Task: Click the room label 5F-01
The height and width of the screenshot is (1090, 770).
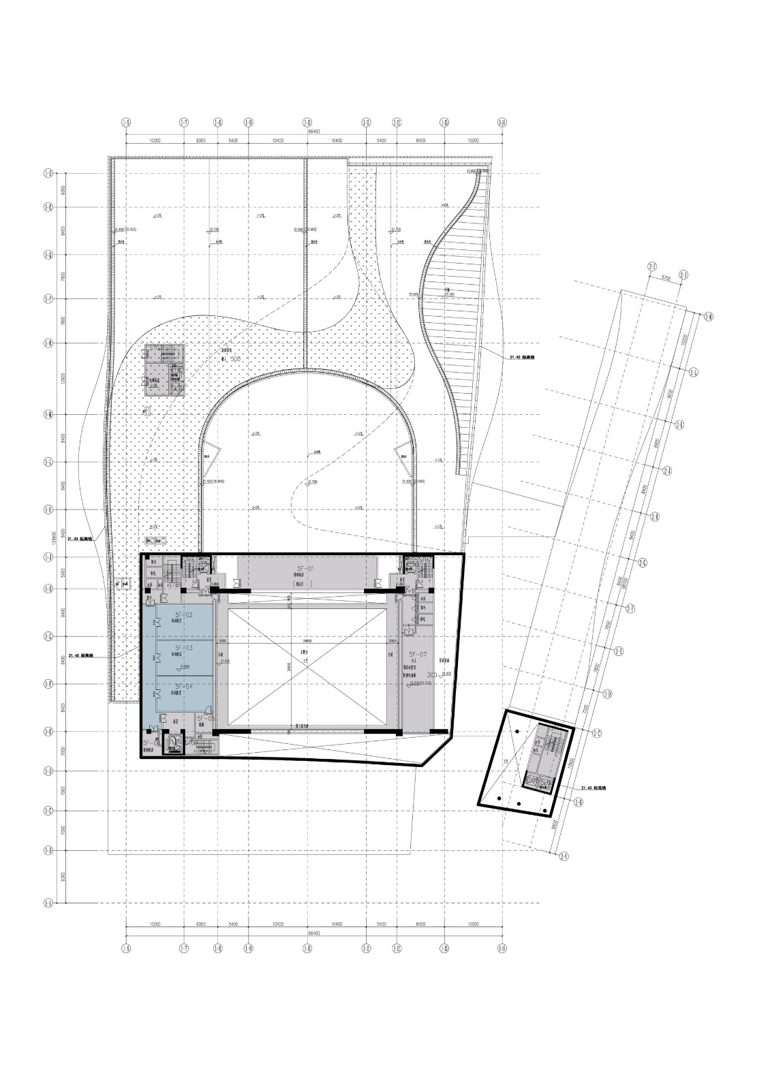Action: [x=305, y=567]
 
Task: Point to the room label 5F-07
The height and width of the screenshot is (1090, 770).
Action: [x=418, y=654]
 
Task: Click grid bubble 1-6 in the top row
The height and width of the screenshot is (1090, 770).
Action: [x=125, y=123]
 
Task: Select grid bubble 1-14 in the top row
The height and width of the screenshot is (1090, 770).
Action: [x=503, y=123]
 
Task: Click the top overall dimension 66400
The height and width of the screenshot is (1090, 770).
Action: [x=313, y=131]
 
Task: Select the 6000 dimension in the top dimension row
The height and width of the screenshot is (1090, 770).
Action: [x=200, y=140]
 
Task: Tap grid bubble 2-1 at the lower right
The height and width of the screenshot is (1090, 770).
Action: [x=563, y=856]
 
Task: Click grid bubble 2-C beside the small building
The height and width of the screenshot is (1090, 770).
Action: [x=597, y=734]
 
